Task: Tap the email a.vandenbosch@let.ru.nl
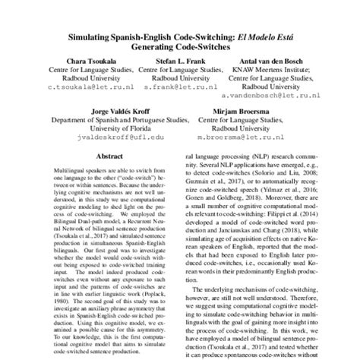[273, 98]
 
